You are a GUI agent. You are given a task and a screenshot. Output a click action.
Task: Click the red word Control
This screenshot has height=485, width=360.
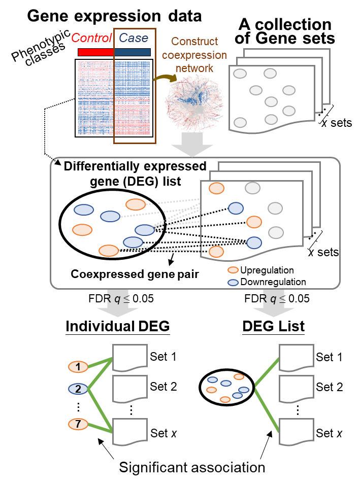91,38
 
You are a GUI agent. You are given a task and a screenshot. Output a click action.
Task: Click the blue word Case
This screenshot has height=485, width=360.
134,38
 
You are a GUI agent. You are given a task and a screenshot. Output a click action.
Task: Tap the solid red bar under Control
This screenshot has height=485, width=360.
96,52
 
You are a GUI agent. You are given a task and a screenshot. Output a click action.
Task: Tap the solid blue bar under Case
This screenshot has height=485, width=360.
133,52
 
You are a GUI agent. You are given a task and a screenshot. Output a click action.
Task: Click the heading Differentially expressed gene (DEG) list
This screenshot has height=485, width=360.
135,173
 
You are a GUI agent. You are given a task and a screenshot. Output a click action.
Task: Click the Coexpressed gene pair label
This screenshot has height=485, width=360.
135,274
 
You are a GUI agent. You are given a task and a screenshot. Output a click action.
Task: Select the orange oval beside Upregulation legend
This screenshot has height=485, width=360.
233,270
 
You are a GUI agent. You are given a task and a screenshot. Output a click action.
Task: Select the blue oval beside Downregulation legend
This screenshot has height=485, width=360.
233,282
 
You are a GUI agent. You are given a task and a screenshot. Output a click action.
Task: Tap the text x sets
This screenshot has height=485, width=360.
323,252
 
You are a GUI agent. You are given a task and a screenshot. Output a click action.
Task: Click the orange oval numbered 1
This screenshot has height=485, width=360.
78,366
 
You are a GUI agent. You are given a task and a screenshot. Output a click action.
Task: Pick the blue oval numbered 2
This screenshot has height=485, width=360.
78,389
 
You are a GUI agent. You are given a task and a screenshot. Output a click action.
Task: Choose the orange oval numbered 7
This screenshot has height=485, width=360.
78,424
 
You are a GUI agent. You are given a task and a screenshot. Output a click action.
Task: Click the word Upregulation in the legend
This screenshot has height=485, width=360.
267,270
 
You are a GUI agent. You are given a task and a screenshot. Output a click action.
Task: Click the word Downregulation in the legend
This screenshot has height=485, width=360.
273,282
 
